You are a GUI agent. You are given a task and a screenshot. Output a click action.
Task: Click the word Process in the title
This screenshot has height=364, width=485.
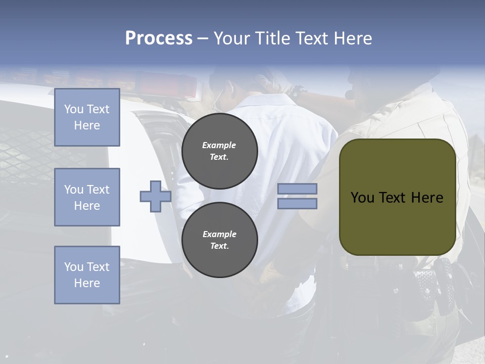tap(159, 38)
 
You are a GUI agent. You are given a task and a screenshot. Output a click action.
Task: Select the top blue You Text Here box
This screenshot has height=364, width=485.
tap(87, 117)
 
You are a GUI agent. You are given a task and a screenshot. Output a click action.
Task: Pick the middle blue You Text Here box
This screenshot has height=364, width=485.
tap(87, 197)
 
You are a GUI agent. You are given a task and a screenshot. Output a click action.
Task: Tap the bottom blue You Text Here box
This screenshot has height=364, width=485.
tap(87, 275)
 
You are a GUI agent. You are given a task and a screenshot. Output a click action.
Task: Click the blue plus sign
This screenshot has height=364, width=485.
tap(156, 196)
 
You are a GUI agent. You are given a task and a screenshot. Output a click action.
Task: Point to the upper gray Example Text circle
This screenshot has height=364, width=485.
tap(219, 151)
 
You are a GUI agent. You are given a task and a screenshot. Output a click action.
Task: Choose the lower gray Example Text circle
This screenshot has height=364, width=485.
tap(219, 240)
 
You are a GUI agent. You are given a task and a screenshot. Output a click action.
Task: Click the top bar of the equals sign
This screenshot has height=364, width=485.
tap(297, 189)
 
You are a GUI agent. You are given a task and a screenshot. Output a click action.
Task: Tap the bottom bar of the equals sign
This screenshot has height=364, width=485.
tap(297, 203)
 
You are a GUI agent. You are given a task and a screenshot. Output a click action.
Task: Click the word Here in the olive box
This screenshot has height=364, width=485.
tap(427, 198)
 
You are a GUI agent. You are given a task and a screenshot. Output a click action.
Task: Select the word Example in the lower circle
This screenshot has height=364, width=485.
tap(219, 234)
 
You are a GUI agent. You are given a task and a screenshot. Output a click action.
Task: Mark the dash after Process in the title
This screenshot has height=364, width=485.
tap(203, 38)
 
